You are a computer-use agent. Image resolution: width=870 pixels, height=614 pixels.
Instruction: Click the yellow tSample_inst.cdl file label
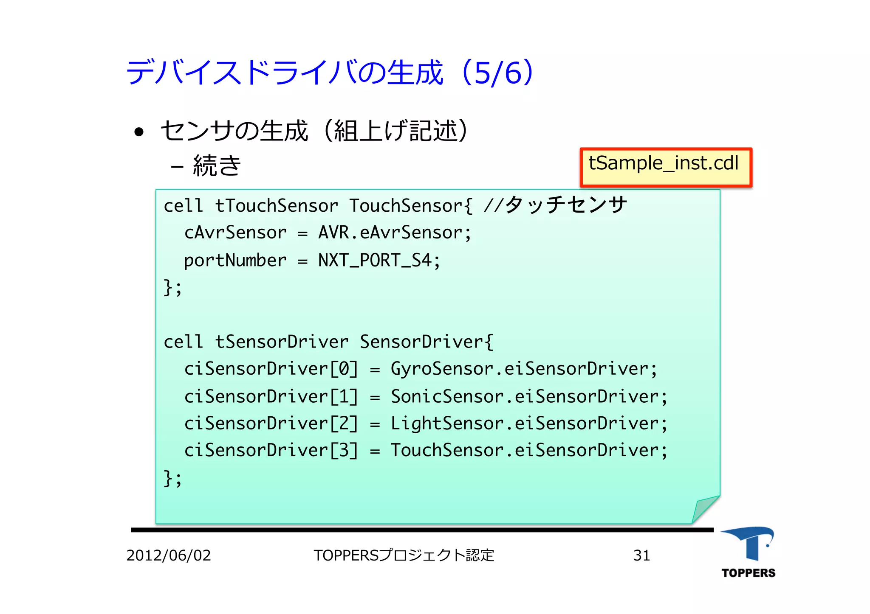pyautogui.click(x=665, y=167)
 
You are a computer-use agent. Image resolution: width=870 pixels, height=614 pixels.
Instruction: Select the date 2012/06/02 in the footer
pyautogui.click(x=169, y=555)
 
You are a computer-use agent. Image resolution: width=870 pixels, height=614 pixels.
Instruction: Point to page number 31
pyautogui.click(x=641, y=555)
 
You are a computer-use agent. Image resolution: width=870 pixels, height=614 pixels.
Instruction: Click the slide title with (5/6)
pyautogui.click(x=330, y=73)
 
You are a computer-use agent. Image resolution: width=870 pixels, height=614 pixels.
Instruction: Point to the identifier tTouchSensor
pyautogui.click(x=277, y=206)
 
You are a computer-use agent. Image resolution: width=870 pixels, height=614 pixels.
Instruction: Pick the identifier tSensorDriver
pyautogui.click(x=282, y=342)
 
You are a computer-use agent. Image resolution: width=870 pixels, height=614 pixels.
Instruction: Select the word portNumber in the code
pyautogui.click(x=235, y=261)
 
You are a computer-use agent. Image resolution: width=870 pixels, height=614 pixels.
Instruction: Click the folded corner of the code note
pyautogui.click(x=706, y=510)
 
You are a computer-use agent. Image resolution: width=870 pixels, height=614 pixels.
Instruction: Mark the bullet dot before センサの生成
pyautogui.click(x=139, y=132)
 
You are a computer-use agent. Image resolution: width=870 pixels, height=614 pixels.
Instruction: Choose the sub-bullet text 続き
pyautogui.click(x=217, y=165)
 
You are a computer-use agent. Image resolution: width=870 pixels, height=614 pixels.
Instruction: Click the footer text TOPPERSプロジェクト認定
pyautogui.click(x=404, y=555)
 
